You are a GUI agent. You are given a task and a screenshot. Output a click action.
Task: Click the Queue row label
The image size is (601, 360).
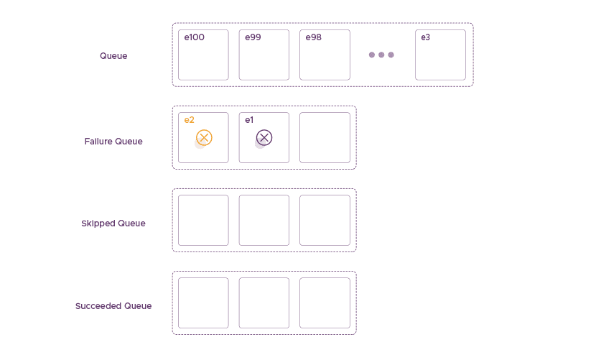click(113, 56)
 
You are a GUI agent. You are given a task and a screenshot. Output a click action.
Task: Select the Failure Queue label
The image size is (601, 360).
click(113, 142)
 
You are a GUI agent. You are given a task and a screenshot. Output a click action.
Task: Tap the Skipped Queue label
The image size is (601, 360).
click(113, 223)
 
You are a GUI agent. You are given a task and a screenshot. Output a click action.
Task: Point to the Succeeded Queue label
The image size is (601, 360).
click(113, 306)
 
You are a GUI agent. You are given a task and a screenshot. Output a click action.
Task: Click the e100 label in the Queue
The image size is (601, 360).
click(195, 37)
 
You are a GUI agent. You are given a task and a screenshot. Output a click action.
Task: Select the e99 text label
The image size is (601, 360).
click(253, 37)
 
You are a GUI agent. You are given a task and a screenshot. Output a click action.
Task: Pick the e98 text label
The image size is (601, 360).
click(314, 37)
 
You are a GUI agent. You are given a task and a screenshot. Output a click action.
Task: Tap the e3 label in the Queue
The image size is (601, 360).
click(426, 37)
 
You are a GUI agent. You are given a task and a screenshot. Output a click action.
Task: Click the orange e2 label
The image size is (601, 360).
click(190, 120)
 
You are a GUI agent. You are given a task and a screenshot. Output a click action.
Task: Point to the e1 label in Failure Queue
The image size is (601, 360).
click(249, 120)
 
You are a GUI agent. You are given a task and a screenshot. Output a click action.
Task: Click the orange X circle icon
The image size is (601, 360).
click(204, 138)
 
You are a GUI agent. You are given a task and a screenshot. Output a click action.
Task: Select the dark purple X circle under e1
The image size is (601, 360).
click(264, 138)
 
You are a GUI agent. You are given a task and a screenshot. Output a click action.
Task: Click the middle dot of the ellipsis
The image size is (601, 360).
click(381, 55)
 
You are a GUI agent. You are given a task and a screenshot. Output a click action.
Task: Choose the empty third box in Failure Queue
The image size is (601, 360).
click(325, 137)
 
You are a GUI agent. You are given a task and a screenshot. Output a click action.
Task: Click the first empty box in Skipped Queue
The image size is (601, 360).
click(203, 220)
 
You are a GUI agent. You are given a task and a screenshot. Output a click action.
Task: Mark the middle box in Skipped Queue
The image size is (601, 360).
click(264, 220)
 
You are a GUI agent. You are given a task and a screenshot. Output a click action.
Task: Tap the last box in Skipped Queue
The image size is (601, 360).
click(325, 220)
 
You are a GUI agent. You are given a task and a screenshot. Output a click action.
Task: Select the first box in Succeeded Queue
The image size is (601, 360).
click(203, 303)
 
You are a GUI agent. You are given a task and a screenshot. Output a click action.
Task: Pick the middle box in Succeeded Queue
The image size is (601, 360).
click(264, 303)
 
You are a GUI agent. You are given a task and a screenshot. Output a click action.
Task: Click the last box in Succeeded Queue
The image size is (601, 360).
click(325, 303)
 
